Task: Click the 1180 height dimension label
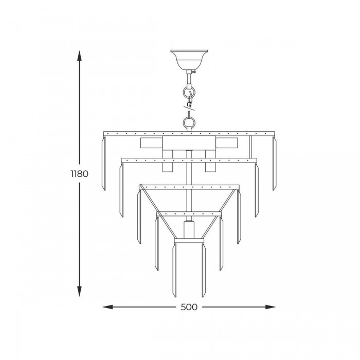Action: pos(79,174)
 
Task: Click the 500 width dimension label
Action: pos(189,307)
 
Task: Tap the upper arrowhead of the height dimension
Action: pos(79,56)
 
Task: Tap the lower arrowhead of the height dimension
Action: pos(79,292)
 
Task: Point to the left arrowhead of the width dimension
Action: pos(107,307)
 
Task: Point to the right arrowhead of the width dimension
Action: pos(270,307)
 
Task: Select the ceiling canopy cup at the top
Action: pos(189,60)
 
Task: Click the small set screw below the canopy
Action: pos(194,72)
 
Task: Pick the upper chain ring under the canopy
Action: pos(189,92)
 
